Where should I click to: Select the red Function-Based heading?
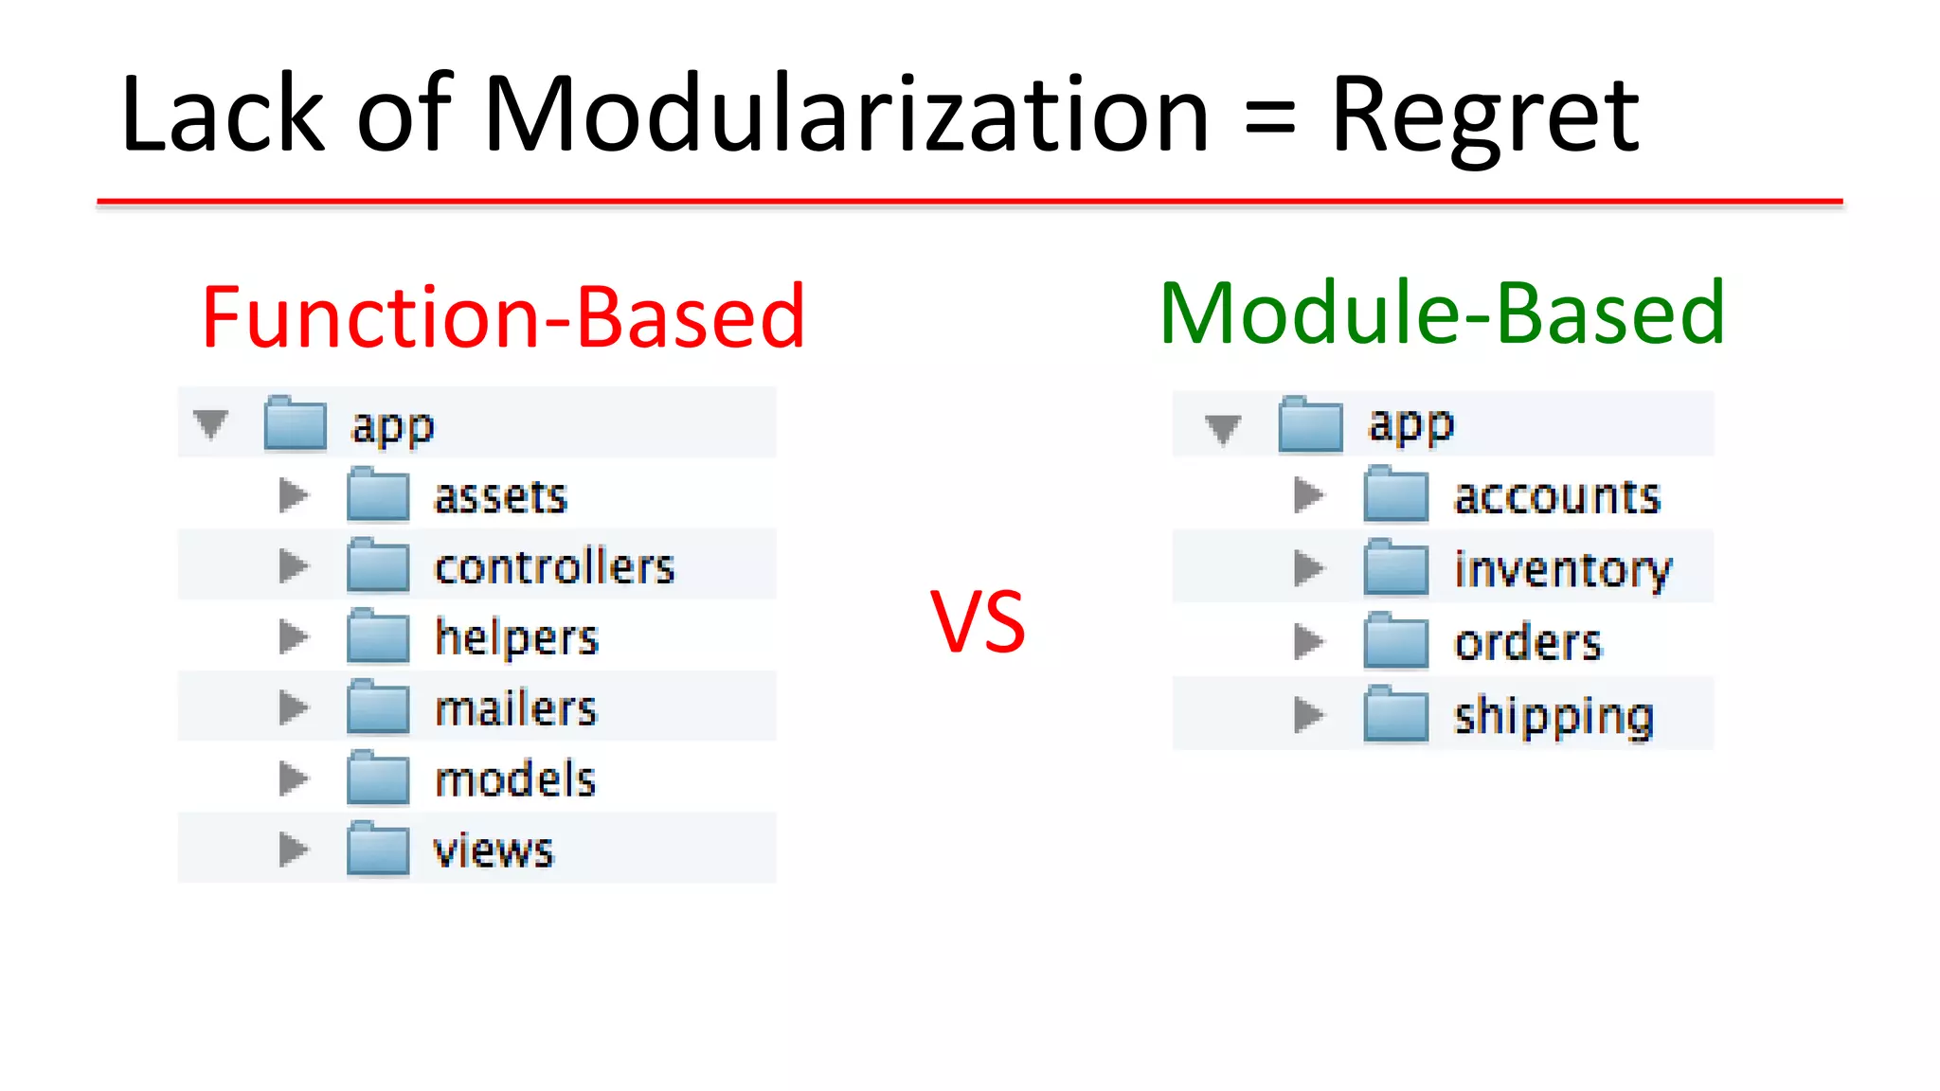503,317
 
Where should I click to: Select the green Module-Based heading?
1442,313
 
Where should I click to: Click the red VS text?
978,623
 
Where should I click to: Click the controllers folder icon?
378,565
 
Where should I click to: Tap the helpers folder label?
516,637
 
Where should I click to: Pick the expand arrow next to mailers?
294,707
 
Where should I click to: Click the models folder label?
514,779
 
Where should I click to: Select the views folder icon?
378,850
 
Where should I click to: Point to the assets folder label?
500,496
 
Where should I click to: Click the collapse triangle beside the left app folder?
210,423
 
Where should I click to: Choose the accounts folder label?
1556,496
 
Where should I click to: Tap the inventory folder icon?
1395,568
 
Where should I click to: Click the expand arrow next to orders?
1308,641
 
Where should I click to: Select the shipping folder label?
1554,716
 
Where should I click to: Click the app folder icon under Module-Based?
1310,424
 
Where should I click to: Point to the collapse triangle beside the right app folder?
1223,428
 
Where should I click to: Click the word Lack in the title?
223,116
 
